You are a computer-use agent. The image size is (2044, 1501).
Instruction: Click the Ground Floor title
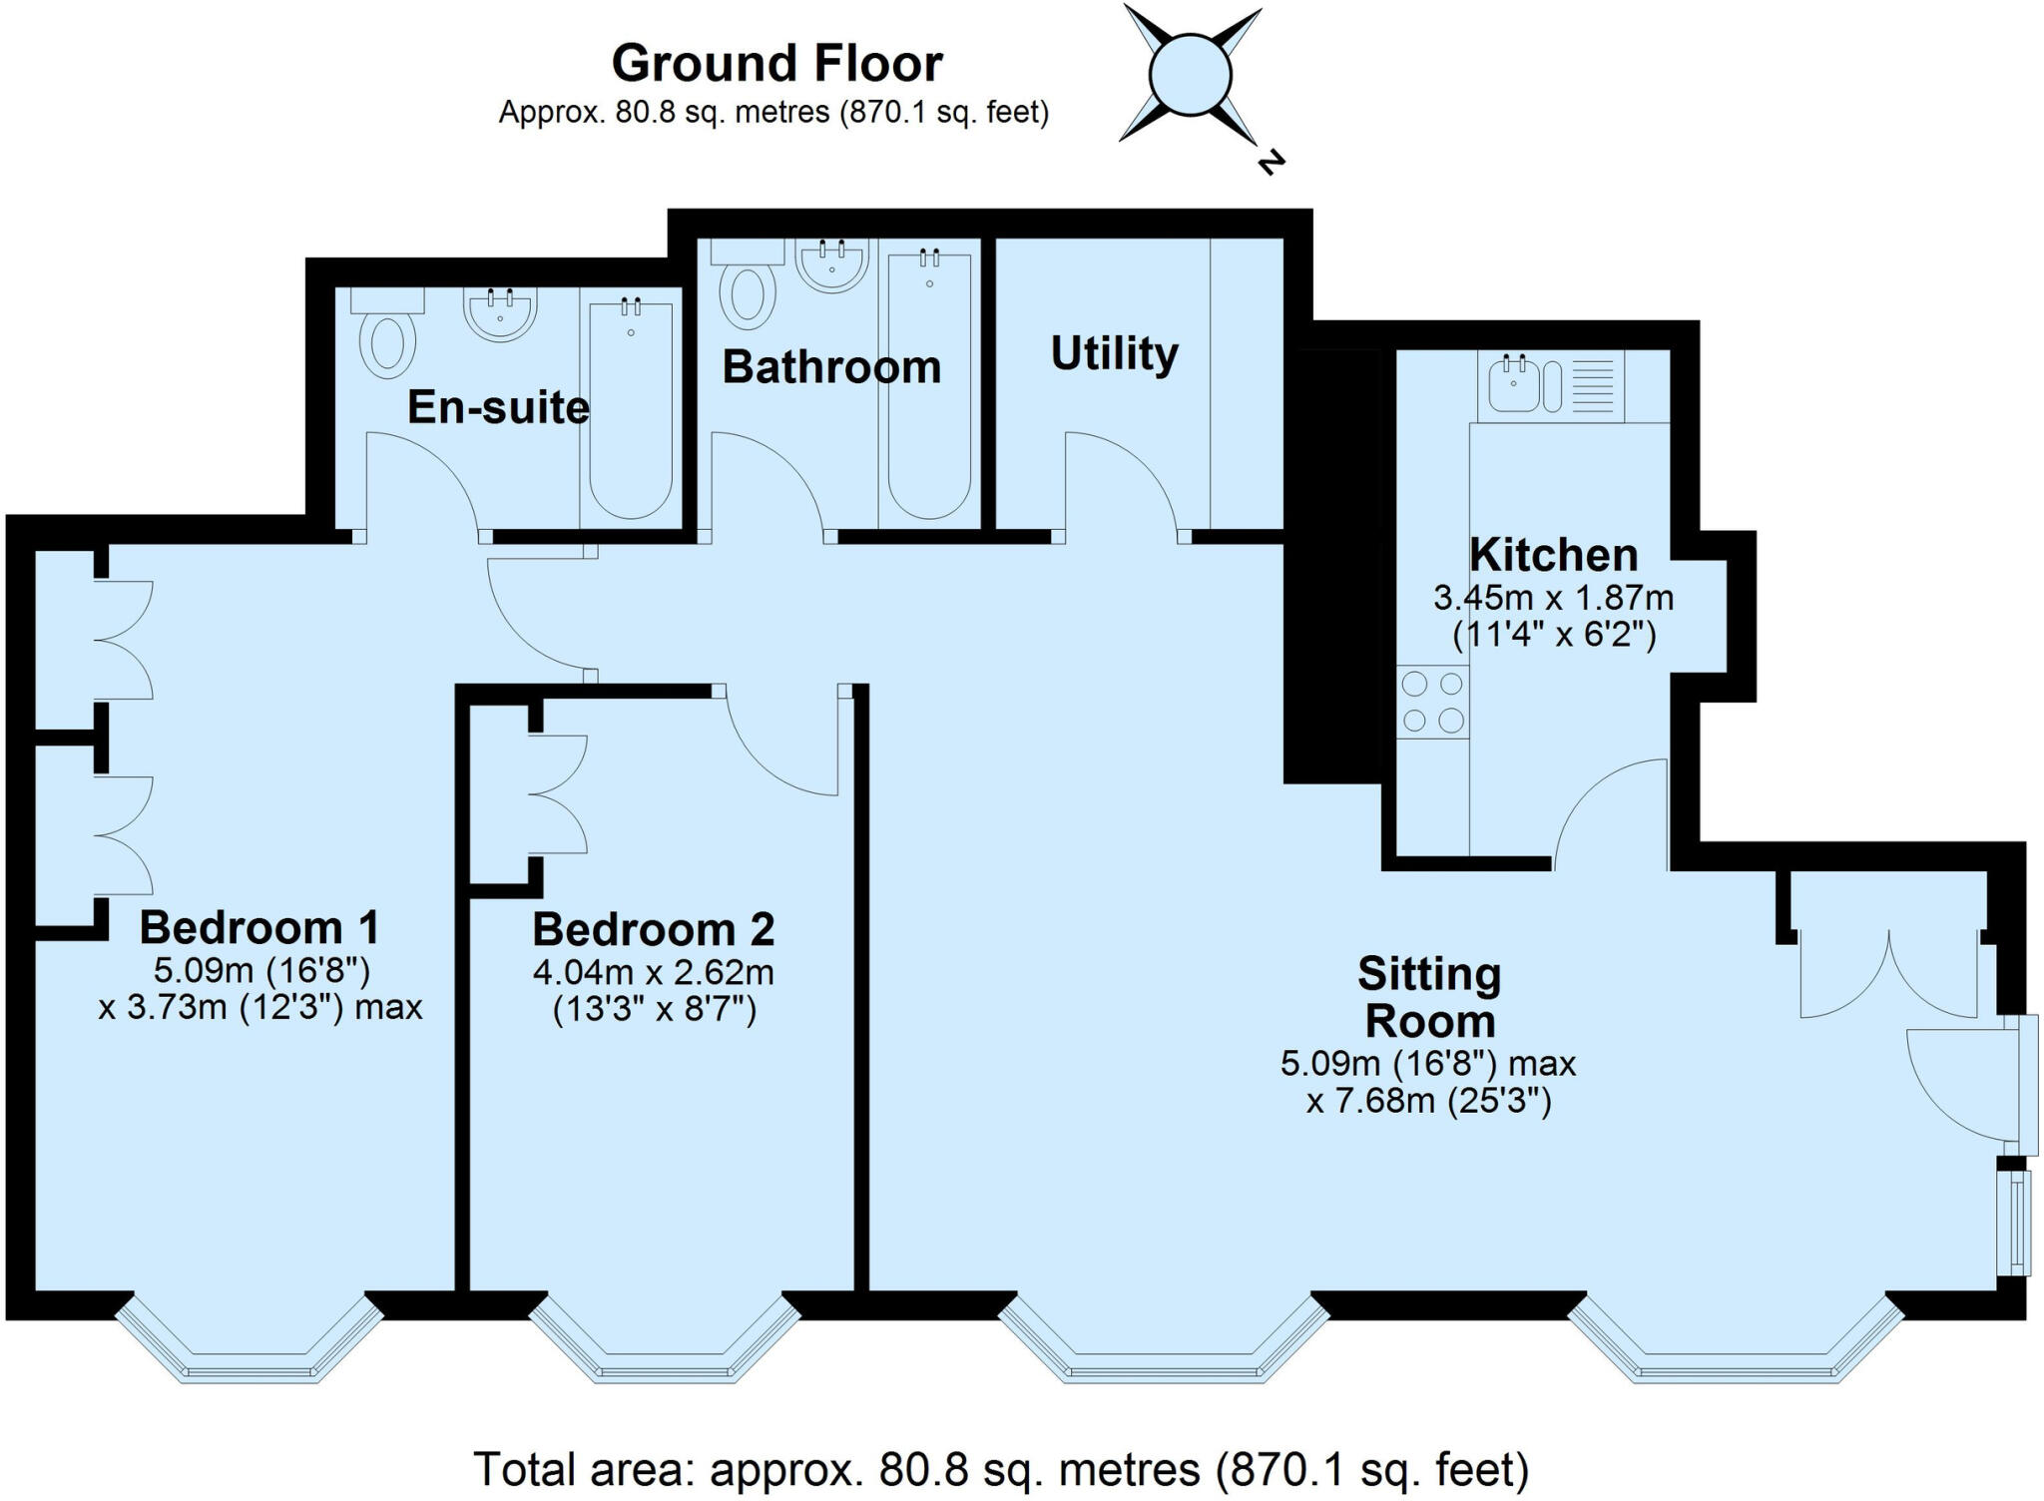click(x=776, y=64)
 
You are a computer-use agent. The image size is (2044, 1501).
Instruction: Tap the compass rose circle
click(x=1190, y=75)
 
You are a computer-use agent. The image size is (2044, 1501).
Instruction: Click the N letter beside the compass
click(x=1270, y=162)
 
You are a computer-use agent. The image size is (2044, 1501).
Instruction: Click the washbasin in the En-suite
click(x=500, y=311)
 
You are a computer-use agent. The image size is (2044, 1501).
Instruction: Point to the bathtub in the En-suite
click(x=630, y=409)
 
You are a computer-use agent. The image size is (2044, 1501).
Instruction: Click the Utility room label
click(x=1114, y=354)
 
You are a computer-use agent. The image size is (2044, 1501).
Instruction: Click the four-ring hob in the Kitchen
click(x=1432, y=702)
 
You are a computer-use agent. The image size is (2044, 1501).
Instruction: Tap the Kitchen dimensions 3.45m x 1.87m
click(x=1553, y=598)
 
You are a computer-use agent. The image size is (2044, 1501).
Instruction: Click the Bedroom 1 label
click(x=259, y=927)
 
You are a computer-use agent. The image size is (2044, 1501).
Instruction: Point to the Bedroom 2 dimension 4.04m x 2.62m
click(x=654, y=972)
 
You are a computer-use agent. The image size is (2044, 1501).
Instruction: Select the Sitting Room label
click(x=1429, y=997)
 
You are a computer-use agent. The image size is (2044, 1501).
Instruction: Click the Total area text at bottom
click(x=1000, y=1470)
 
